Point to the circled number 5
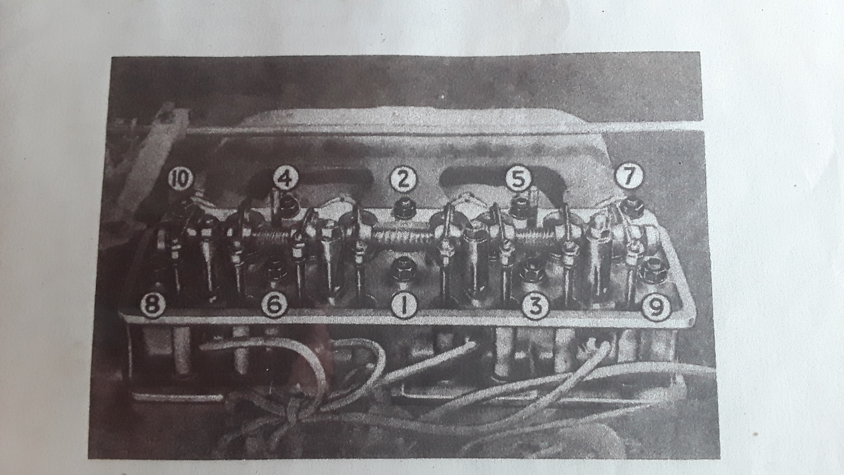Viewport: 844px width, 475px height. click(518, 179)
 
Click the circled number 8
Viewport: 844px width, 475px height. click(152, 306)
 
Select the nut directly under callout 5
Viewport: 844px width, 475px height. click(517, 206)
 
